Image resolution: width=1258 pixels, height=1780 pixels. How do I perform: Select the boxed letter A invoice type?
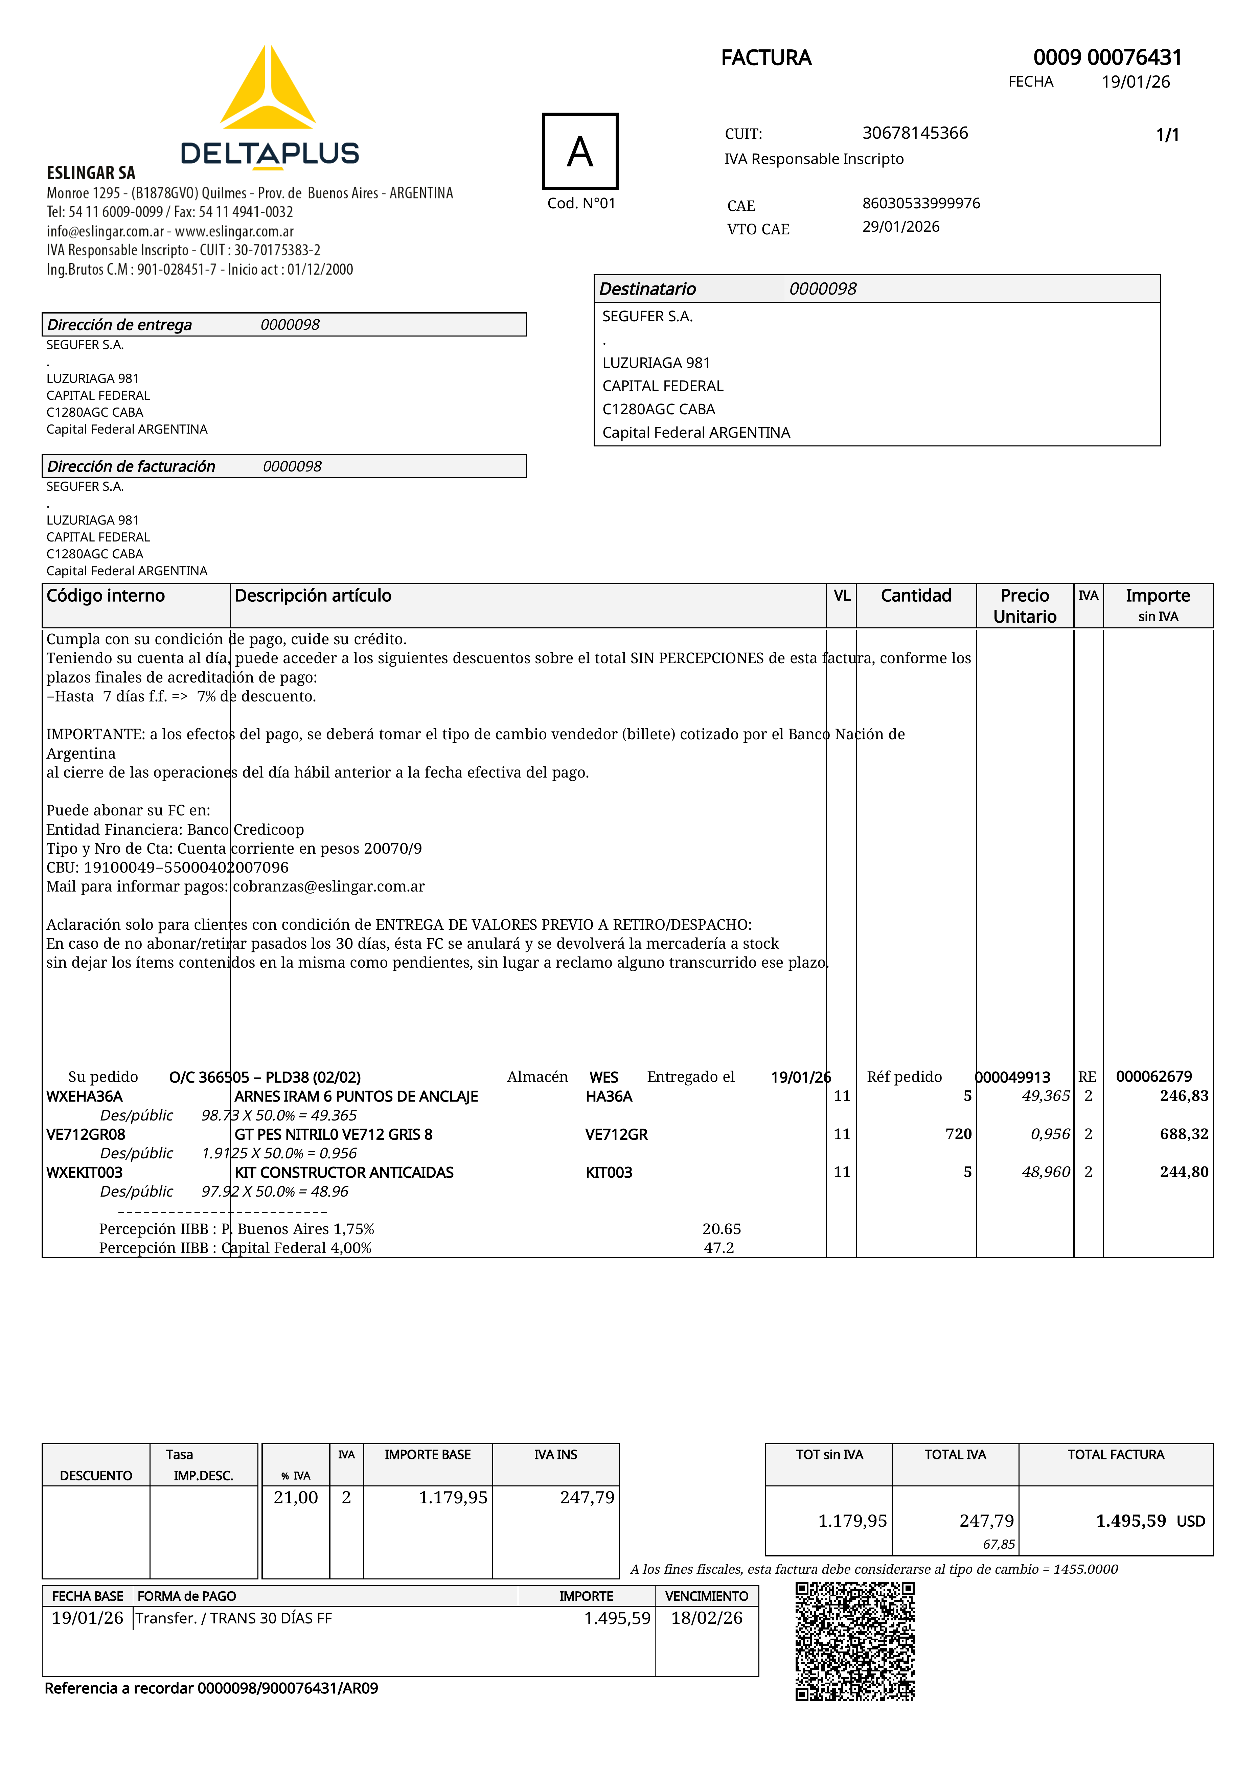580,151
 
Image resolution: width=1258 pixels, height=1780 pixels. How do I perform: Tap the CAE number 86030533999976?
921,203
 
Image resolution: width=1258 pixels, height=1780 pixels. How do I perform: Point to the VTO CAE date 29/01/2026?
900,226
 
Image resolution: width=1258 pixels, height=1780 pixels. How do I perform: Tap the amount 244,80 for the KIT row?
1184,1172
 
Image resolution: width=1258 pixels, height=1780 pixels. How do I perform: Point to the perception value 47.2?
719,1247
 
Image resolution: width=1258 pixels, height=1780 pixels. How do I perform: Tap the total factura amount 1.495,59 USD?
1149,1520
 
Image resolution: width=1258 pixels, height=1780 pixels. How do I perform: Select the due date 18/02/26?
707,1618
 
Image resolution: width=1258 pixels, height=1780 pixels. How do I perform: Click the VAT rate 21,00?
296,1497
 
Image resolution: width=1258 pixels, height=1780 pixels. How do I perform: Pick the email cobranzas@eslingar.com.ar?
329,886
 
